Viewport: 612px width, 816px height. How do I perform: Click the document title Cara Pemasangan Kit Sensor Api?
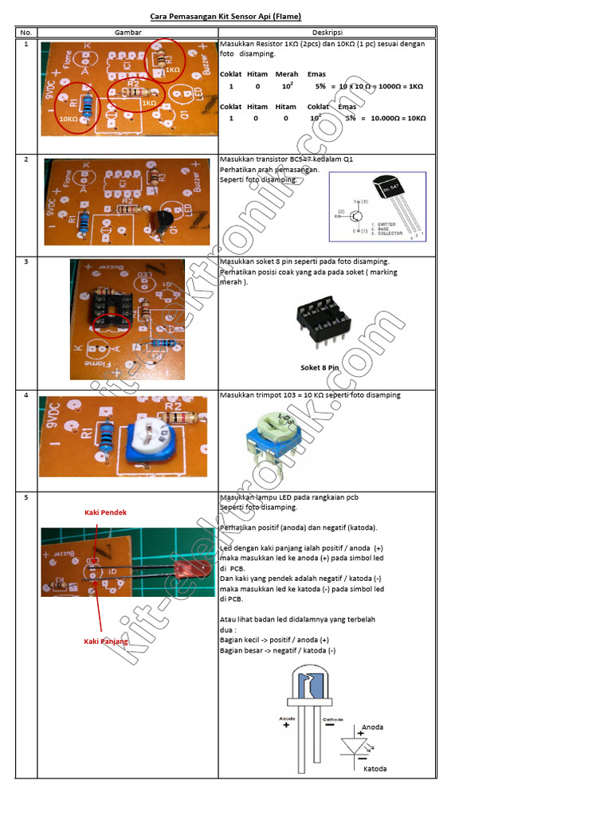click(226, 16)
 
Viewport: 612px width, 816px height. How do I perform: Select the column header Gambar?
click(127, 33)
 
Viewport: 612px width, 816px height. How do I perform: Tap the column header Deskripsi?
click(327, 33)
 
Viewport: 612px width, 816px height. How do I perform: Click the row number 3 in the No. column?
click(25, 261)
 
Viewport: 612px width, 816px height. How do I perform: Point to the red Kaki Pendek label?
click(106, 512)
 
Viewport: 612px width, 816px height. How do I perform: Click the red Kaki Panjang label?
click(106, 641)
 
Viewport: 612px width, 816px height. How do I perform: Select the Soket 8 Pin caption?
click(320, 367)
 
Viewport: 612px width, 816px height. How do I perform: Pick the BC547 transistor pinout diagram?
click(378, 207)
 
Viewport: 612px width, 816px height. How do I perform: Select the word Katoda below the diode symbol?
click(375, 769)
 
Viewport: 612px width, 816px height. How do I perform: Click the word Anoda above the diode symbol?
click(372, 728)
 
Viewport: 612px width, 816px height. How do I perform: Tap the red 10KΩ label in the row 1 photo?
click(69, 119)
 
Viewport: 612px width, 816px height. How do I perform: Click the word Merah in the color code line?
click(286, 74)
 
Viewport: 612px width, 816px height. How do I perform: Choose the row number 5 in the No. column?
click(25, 497)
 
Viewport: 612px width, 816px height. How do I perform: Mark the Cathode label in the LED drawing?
click(332, 719)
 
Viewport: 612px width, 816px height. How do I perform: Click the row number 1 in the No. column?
click(25, 45)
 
